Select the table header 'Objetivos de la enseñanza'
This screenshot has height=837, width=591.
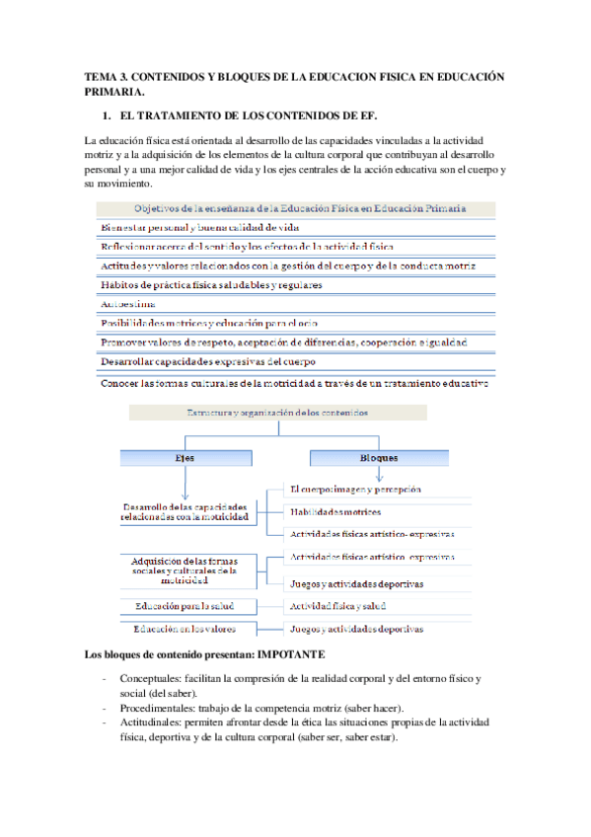click(x=299, y=208)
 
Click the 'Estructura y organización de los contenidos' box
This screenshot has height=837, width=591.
click(x=277, y=414)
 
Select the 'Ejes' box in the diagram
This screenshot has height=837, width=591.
click(x=185, y=458)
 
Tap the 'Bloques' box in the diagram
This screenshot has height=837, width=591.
click(x=378, y=458)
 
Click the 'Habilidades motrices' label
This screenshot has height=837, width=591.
click(x=335, y=511)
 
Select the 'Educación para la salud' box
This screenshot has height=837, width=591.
click(x=185, y=605)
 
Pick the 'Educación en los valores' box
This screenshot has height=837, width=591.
click(x=185, y=629)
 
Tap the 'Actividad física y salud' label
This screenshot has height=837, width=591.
click(x=336, y=605)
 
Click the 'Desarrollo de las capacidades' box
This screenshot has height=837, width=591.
click(x=185, y=511)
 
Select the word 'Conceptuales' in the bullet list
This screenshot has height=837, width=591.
click(x=149, y=679)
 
